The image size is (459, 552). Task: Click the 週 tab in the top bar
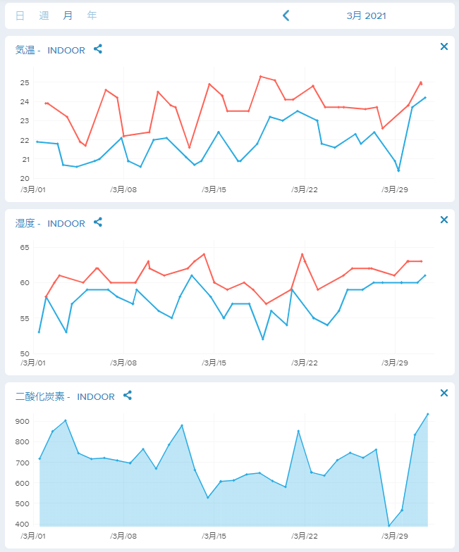click(44, 15)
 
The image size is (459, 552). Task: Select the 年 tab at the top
click(92, 15)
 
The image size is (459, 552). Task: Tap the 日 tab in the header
click(20, 15)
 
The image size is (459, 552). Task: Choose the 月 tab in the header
click(68, 15)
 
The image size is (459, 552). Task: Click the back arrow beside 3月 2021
click(286, 15)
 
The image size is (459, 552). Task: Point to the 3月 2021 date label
click(367, 15)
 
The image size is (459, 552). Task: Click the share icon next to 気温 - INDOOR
click(98, 49)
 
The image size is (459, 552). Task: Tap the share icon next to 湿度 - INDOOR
click(98, 222)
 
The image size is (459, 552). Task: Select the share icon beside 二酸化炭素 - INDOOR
click(128, 396)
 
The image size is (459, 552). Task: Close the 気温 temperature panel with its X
click(444, 46)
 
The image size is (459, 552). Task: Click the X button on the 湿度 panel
click(444, 220)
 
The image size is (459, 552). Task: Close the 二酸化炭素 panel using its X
click(444, 393)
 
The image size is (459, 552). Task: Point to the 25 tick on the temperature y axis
click(25, 83)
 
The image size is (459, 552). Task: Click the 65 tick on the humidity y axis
click(25, 248)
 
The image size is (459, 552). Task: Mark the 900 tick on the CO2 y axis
click(23, 421)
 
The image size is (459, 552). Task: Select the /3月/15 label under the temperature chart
click(214, 190)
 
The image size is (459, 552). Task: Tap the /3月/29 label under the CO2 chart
click(395, 537)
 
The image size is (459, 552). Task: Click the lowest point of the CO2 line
click(389, 526)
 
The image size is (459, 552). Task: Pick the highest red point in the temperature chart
click(261, 76)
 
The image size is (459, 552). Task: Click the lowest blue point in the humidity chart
click(262, 339)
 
